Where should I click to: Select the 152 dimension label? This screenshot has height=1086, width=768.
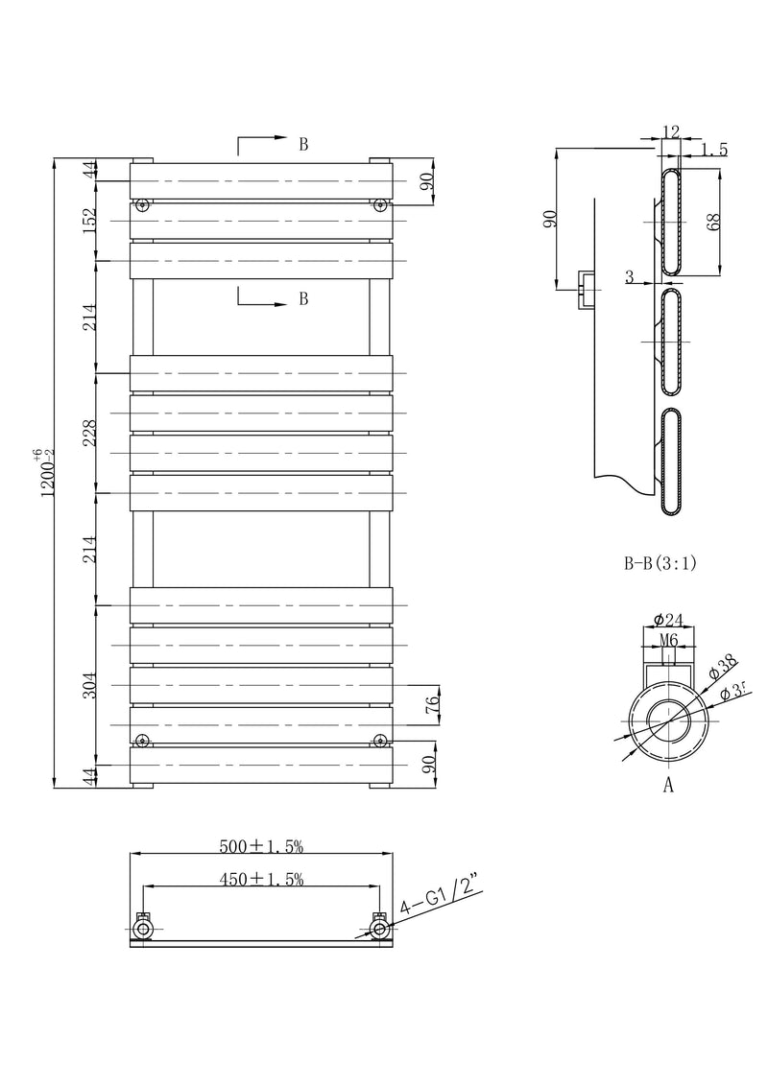tap(89, 220)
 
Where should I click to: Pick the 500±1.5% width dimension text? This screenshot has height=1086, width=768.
tap(261, 845)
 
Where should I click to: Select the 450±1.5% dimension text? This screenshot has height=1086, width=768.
tap(261, 879)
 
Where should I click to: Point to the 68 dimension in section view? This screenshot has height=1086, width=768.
tap(712, 220)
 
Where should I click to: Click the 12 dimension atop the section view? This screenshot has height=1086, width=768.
tap(670, 131)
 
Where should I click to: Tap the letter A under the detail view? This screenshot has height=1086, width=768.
tap(668, 786)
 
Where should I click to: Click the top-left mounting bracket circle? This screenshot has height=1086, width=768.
tap(143, 204)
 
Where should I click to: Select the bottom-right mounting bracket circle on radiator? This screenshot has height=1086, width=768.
tap(380, 740)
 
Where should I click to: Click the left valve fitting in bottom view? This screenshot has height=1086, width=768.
tap(143, 928)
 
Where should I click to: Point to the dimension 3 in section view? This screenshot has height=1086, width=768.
tap(629, 277)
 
